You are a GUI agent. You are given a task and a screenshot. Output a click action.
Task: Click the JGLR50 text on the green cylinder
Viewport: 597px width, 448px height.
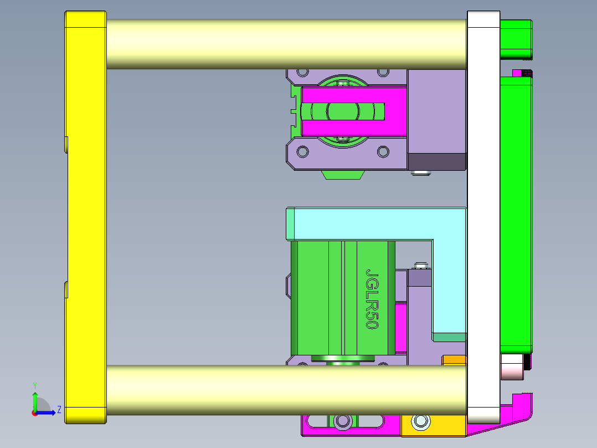click(x=372, y=299)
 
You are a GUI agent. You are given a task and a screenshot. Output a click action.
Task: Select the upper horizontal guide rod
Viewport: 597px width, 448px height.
click(x=285, y=44)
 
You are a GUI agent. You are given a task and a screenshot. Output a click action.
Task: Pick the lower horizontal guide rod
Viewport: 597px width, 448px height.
click(x=285, y=390)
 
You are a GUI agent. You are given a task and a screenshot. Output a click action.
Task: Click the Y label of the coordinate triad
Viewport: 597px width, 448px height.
click(x=34, y=385)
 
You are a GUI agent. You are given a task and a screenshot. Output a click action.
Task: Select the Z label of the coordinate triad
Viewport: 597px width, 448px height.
click(x=59, y=410)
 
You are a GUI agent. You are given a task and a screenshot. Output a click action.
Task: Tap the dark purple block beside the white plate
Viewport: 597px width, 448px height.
click(x=437, y=161)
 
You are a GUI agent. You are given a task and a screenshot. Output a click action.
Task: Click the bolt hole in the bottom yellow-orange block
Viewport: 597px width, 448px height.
click(x=421, y=422)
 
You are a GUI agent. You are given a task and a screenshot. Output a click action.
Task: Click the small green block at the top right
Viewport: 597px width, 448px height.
click(x=516, y=39)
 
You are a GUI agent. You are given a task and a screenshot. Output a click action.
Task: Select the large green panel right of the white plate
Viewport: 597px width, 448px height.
click(x=516, y=213)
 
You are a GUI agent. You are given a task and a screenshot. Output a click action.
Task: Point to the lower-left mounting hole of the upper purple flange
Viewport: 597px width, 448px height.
click(x=302, y=151)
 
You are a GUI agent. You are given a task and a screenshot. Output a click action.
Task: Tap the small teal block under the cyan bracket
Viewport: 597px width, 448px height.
click(x=449, y=337)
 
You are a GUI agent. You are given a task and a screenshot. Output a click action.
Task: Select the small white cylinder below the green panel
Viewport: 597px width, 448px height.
click(x=512, y=367)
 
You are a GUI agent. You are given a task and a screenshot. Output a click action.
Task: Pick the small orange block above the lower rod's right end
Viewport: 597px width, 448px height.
click(x=454, y=360)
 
